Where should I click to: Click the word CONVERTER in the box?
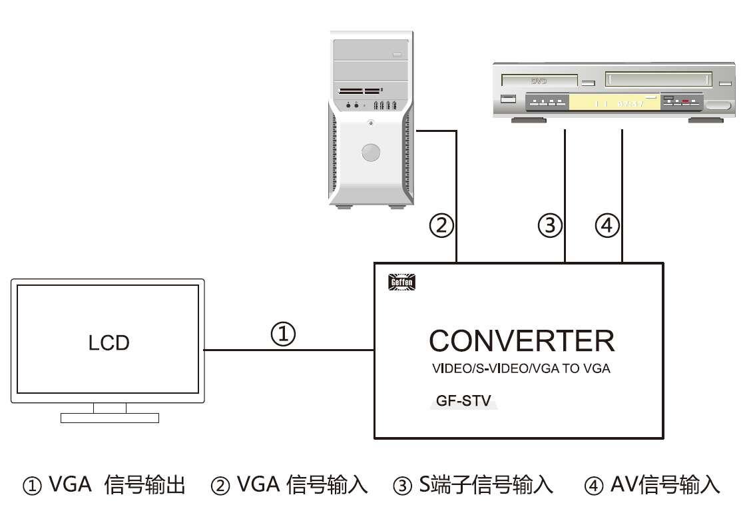click(x=521, y=340)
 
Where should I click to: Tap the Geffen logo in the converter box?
click(x=401, y=282)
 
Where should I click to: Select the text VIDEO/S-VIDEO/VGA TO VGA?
click(x=521, y=368)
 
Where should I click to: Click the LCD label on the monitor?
click(x=109, y=343)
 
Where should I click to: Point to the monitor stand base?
click(x=110, y=418)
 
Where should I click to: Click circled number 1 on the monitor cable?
click(x=283, y=334)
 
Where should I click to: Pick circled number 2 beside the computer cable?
click(x=441, y=226)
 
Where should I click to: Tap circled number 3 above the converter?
click(x=550, y=226)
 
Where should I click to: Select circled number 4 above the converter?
click(x=607, y=226)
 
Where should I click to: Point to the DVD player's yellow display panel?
click(x=611, y=103)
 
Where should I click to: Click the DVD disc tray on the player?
click(x=539, y=81)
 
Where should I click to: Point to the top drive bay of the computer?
click(x=370, y=52)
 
